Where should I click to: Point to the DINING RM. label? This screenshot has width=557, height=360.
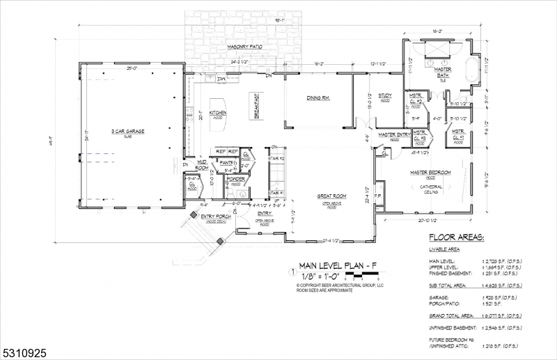point(317,98)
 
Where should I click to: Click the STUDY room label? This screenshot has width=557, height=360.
point(385,95)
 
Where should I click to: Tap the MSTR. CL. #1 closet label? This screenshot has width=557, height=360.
point(458,134)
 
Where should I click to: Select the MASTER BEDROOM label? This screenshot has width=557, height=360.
point(430,173)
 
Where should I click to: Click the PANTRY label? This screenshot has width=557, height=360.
point(226,163)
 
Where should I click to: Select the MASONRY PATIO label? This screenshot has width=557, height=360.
point(244,47)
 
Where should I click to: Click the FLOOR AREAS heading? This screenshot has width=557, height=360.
point(456,238)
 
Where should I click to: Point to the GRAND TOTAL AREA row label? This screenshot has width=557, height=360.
point(455,316)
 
